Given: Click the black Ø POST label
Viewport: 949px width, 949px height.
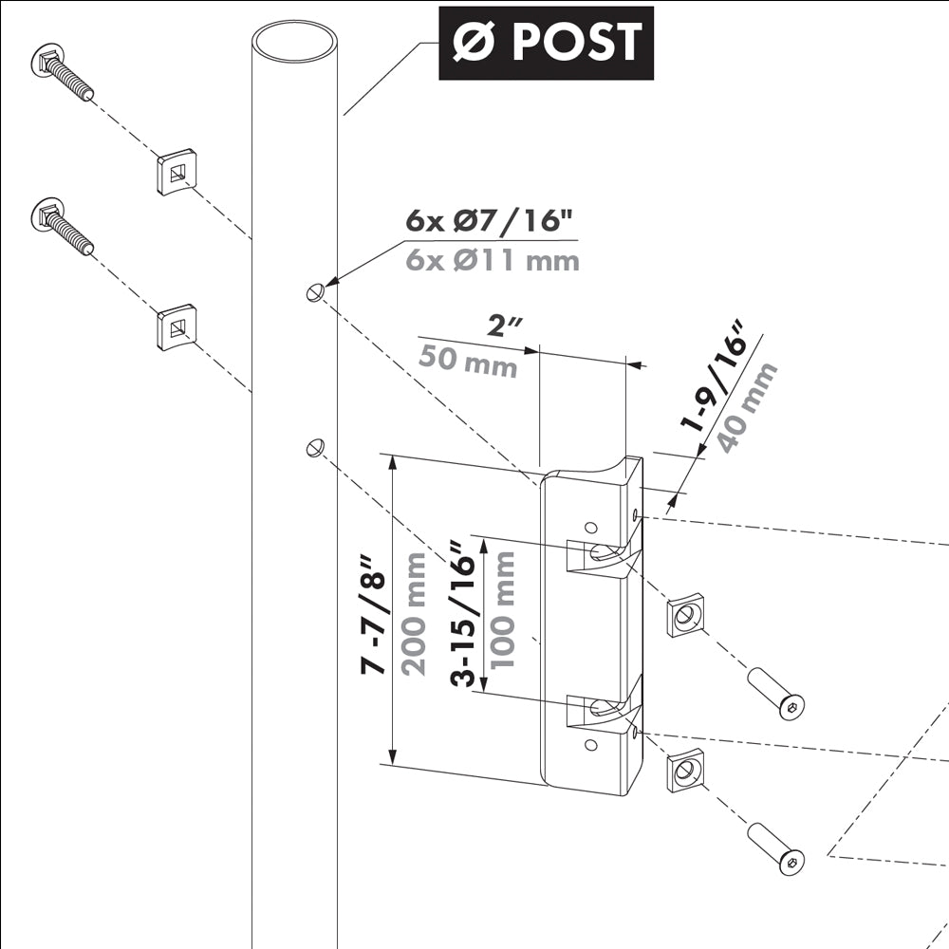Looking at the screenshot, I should tap(546, 43).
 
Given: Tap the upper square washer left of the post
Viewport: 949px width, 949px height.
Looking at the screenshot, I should tap(176, 171).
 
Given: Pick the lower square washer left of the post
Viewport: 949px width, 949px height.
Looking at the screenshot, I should tap(176, 327).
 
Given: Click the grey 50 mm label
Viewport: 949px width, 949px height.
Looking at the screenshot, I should tap(470, 363).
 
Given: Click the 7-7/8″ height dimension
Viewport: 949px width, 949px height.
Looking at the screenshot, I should tap(375, 615).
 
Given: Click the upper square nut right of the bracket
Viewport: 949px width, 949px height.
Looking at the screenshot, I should tap(684, 616).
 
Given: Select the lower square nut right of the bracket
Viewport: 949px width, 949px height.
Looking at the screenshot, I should tap(684, 770).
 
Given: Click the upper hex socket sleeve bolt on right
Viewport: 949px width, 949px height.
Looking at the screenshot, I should tap(775, 693).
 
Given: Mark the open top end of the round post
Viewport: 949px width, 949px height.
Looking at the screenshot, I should tap(294, 44).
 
